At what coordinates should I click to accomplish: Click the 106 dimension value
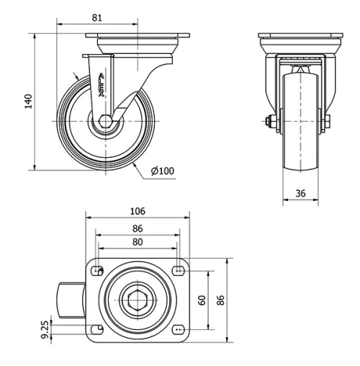point(138,211)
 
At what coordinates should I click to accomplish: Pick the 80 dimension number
point(138,242)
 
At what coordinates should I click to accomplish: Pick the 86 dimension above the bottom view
point(138,228)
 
